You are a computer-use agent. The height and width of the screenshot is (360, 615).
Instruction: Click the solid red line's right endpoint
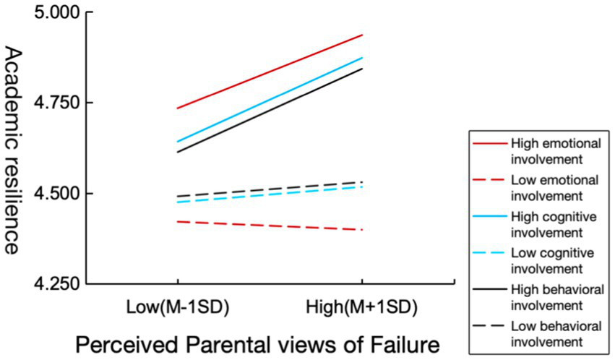(x=362, y=35)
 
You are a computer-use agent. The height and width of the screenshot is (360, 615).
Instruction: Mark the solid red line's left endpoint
(x=177, y=108)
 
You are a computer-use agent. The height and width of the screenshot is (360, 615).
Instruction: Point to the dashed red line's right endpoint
(x=362, y=230)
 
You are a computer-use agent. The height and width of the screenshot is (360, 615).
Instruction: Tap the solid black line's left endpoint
(x=177, y=152)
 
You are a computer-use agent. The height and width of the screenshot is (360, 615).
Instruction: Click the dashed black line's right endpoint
(x=362, y=181)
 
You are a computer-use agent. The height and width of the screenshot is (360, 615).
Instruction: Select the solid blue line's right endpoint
(x=362, y=57)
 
